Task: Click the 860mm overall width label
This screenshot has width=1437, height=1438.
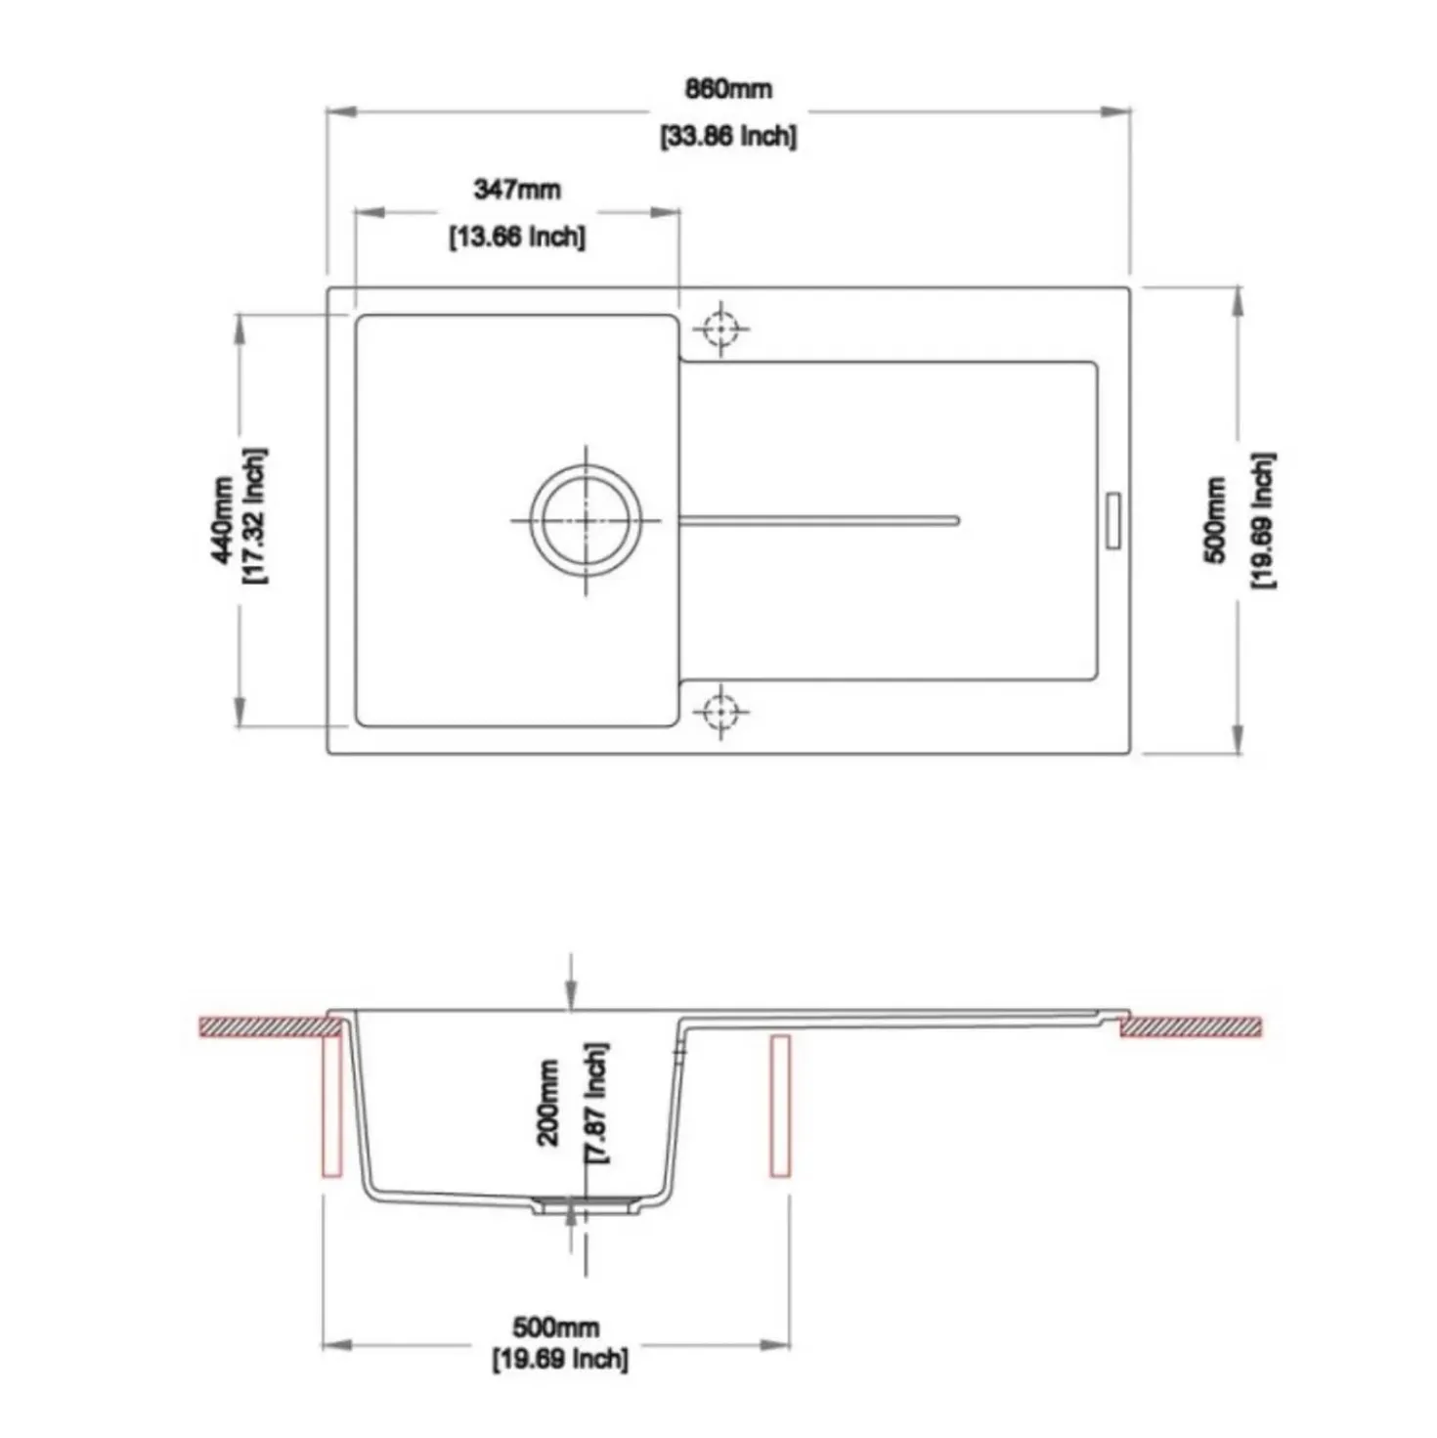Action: click(728, 90)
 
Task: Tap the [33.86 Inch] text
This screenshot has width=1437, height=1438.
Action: click(728, 137)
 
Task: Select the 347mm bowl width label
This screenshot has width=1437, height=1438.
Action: click(516, 191)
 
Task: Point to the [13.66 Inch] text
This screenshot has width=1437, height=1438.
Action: click(516, 239)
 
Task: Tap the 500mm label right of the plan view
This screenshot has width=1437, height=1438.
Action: click(1215, 520)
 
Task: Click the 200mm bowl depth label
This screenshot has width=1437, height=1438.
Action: click(548, 1103)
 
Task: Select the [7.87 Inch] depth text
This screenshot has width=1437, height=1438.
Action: click(595, 1103)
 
